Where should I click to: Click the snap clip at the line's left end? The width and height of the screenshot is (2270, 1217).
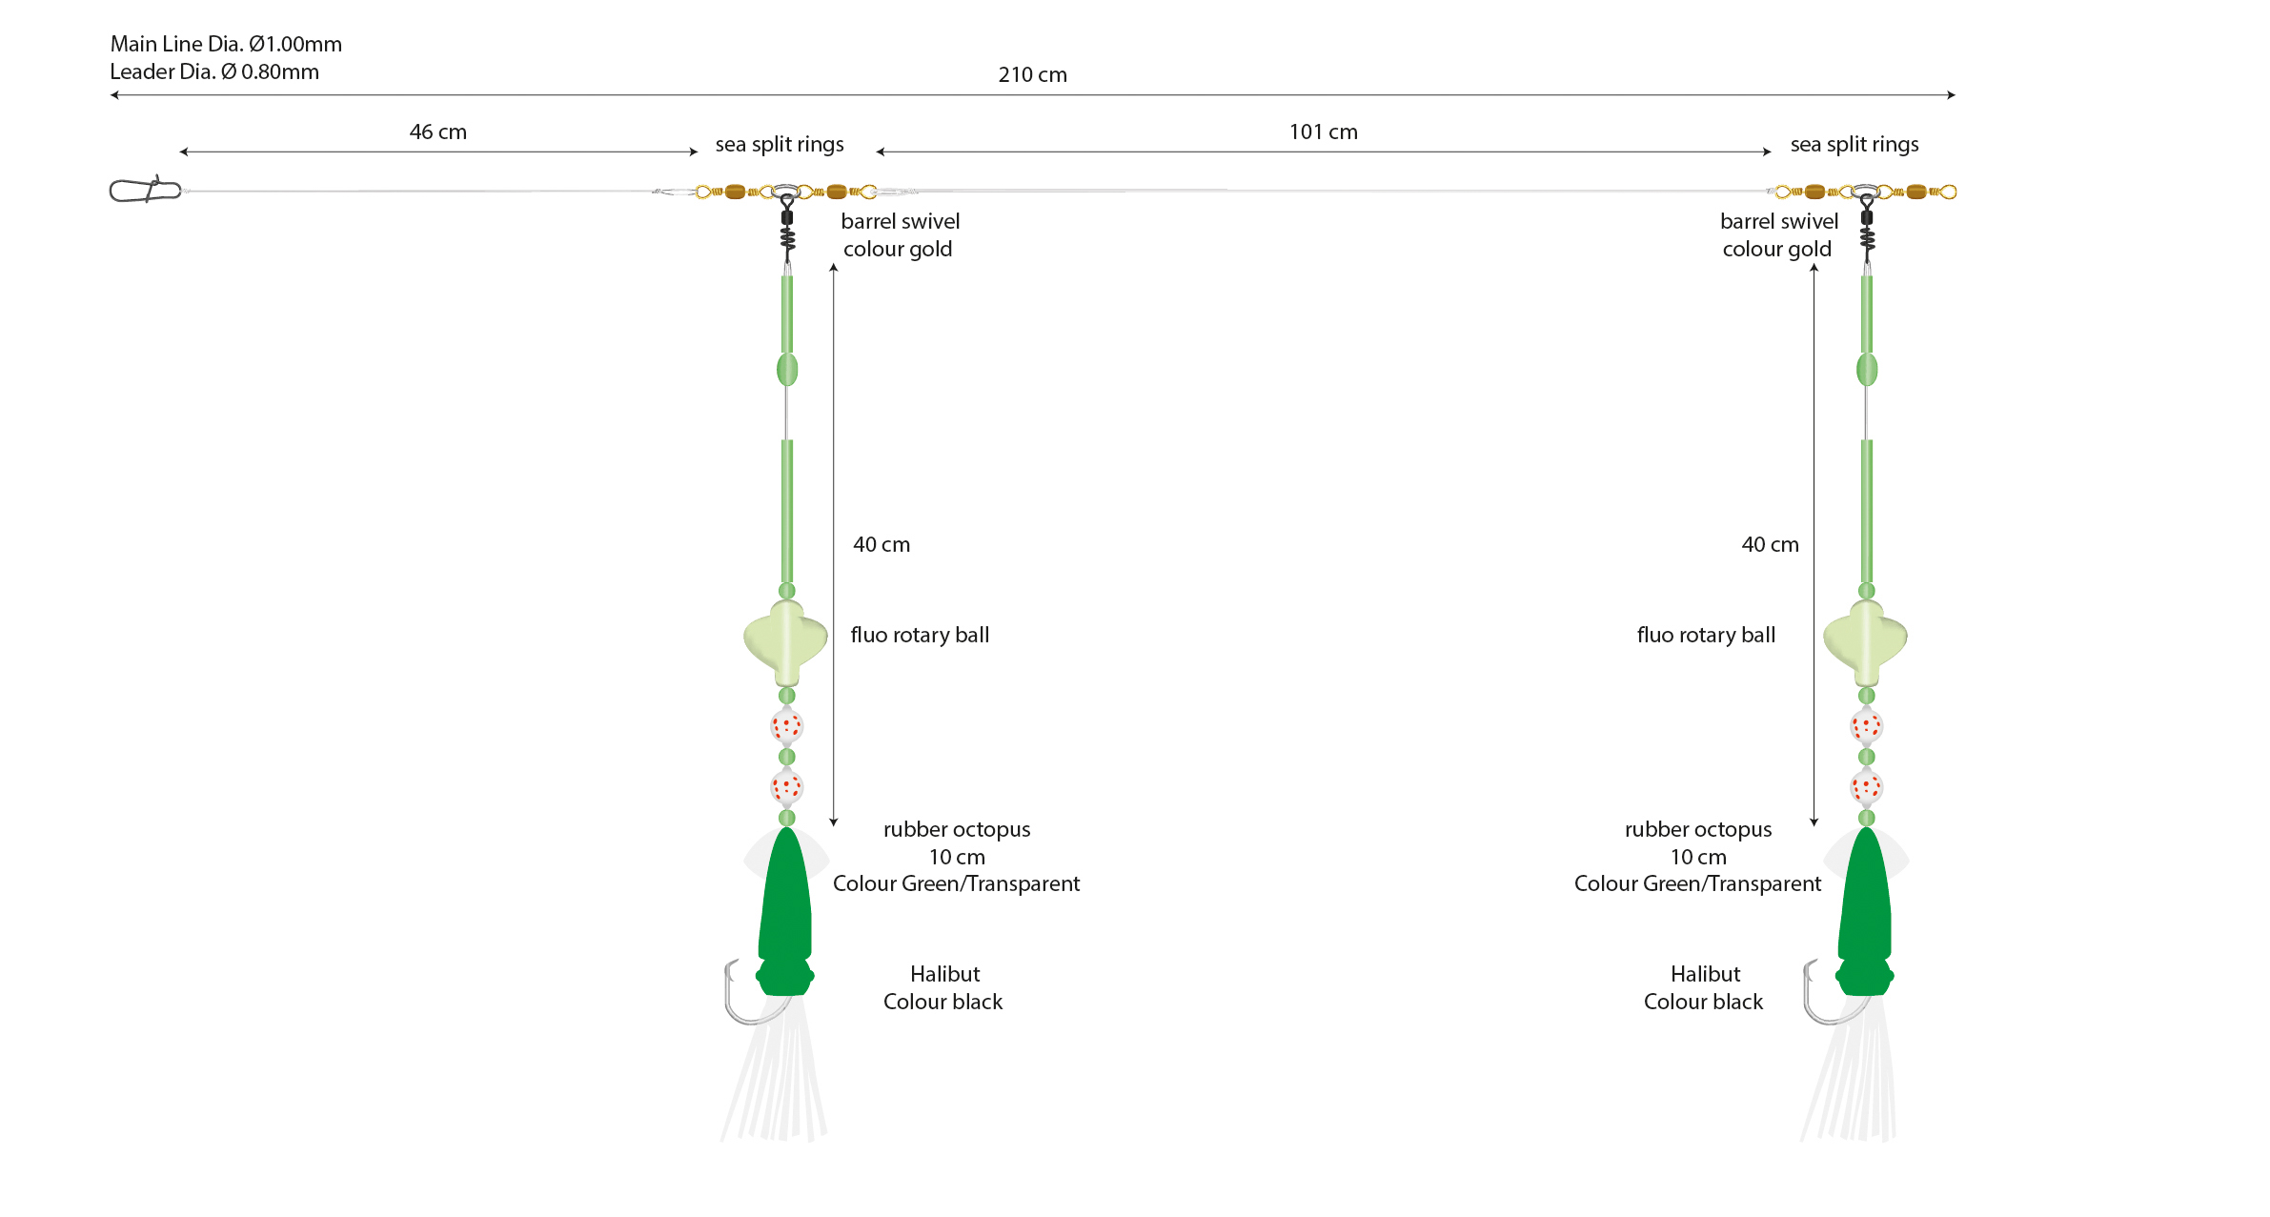click(146, 190)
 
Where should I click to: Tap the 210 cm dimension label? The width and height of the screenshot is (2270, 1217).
click(1032, 74)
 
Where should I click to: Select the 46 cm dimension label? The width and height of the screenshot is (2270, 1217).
click(438, 132)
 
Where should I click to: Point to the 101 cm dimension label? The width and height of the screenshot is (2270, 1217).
click(1323, 132)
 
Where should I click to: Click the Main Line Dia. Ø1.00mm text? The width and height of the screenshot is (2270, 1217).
click(226, 44)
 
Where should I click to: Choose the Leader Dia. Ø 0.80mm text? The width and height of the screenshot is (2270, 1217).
click(214, 71)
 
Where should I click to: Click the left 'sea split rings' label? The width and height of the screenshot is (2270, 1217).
click(780, 145)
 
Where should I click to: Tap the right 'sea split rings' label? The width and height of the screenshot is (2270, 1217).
click(1855, 145)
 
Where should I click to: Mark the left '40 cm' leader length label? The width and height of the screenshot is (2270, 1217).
click(882, 544)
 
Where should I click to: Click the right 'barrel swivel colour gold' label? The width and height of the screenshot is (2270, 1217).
click(1778, 235)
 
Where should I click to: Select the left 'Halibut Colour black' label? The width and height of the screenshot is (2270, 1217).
click(943, 987)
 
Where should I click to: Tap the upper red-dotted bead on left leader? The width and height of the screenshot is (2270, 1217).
click(786, 726)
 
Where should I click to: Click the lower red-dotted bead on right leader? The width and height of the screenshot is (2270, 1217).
click(1866, 787)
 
